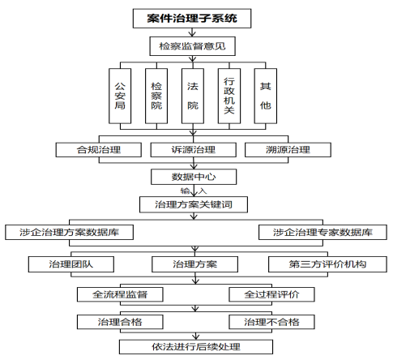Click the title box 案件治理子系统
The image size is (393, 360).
[x=192, y=19]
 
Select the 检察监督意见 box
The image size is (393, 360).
[x=192, y=46]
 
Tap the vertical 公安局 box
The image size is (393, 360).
[x=120, y=96]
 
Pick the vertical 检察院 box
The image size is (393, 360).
[x=156, y=96]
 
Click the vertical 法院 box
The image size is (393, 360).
[x=193, y=96]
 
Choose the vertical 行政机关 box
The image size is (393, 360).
[x=229, y=96]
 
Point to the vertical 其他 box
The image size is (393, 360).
[x=266, y=96]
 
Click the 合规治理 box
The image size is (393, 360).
[x=99, y=150]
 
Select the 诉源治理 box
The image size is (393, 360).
[x=194, y=150]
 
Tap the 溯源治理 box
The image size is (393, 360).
[x=288, y=150]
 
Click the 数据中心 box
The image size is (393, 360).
[x=194, y=177]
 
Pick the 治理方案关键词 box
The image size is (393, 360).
[x=194, y=204]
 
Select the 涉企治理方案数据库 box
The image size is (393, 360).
[x=69, y=232]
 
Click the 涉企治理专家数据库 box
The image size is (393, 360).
[x=323, y=232]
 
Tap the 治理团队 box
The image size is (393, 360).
[x=71, y=264]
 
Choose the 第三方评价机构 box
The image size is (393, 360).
[x=327, y=264]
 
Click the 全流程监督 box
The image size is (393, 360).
[x=120, y=294]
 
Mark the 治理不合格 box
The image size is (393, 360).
[x=271, y=322]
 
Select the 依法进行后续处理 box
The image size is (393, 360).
[x=196, y=347]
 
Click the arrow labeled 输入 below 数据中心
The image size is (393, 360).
[x=194, y=191]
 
